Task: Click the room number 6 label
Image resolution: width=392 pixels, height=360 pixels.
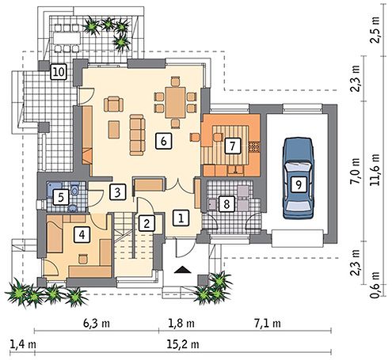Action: (x=164, y=142)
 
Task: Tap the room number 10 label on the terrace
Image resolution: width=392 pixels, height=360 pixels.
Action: (x=59, y=72)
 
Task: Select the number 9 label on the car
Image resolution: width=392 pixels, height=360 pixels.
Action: (x=299, y=184)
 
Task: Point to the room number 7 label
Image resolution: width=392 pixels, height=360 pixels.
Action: (x=233, y=146)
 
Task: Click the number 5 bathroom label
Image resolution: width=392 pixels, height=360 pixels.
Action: (x=61, y=197)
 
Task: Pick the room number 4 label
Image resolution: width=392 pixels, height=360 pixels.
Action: (x=82, y=235)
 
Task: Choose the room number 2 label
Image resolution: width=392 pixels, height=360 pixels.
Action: (x=147, y=224)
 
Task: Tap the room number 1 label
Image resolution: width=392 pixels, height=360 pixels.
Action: (x=181, y=218)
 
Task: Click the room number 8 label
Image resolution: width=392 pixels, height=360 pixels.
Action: (x=226, y=203)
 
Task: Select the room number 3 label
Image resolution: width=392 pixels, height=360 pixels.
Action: (x=117, y=191)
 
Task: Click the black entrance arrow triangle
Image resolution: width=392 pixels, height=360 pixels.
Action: (x=183, y=270)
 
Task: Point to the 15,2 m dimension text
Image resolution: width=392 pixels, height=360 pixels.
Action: (x=183, y=344)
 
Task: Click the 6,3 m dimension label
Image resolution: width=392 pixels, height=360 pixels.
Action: (x=97, y=324)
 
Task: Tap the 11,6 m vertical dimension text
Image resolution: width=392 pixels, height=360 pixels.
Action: (x=375, y=170)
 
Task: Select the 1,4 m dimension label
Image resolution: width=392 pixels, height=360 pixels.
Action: (x=23, y=344)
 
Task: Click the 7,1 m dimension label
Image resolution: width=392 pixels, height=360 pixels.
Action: (x=268, y=324)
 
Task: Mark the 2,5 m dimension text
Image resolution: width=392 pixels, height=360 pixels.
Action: (x=375, y=30)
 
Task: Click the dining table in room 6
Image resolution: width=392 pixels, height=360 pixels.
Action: (x=175, y=102)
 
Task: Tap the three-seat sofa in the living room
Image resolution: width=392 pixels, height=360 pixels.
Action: (x=138, y=135)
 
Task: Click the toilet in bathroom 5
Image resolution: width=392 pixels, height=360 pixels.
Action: (x=74, y=189)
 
